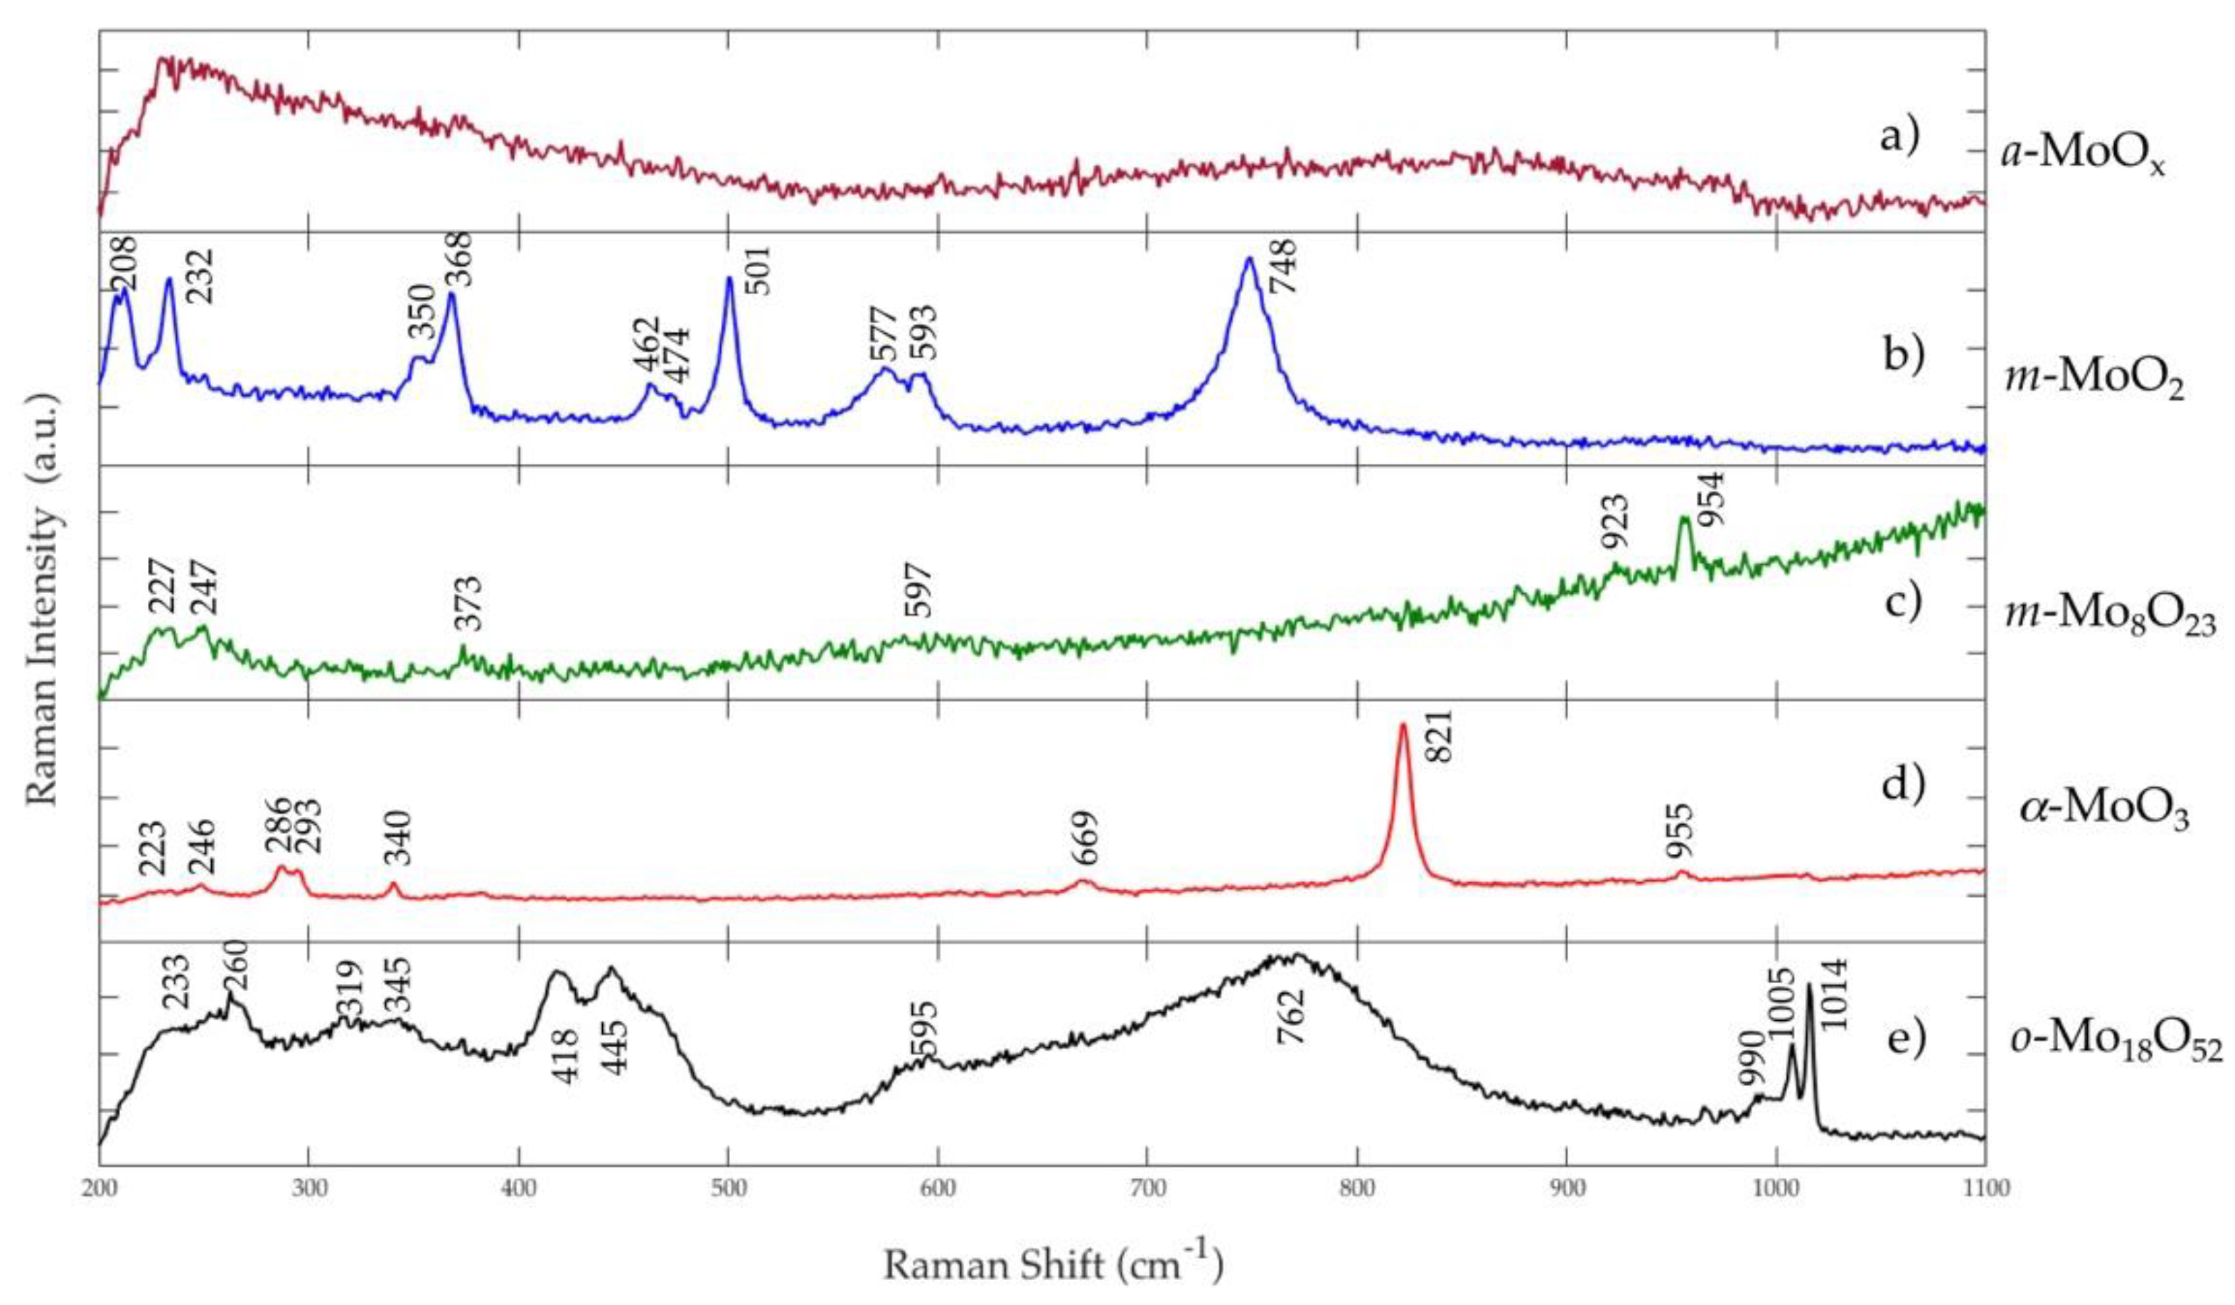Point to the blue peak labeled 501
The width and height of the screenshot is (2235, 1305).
(x=729, y=280)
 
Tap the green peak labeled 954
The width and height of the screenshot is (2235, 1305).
(x=1684, y=519)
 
